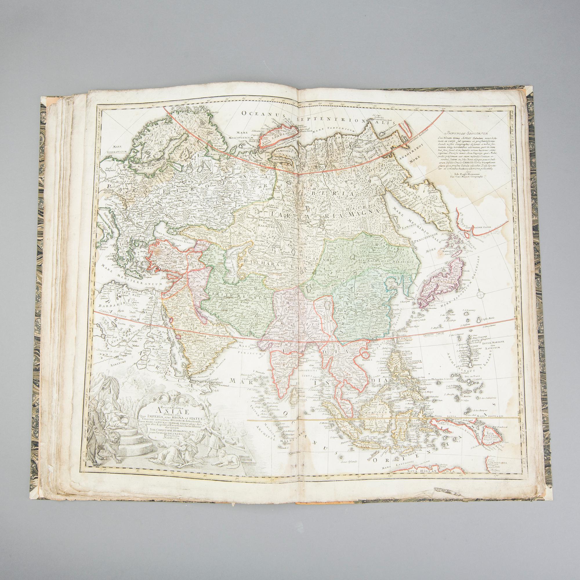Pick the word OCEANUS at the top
pos(261,121)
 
